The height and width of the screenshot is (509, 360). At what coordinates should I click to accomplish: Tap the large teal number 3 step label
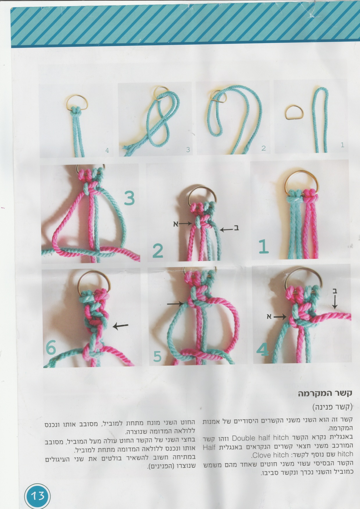[129, 198]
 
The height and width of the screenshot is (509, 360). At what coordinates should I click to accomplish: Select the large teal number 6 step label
[51, 348]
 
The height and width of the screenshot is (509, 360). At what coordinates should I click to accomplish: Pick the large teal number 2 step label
[158, 251]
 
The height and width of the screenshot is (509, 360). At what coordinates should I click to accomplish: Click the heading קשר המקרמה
[325, 393]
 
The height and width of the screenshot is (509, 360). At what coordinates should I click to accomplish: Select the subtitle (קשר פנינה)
[332, 407]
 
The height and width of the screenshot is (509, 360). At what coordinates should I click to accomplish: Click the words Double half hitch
[260, 438]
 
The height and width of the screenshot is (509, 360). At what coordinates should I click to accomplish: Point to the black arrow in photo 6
[120, 326]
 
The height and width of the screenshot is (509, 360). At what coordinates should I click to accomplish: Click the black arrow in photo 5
[175, 304]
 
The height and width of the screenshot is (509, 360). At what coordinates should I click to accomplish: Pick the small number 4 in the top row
[107, 150]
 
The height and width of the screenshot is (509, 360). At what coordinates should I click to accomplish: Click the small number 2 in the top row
[264, 148]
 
